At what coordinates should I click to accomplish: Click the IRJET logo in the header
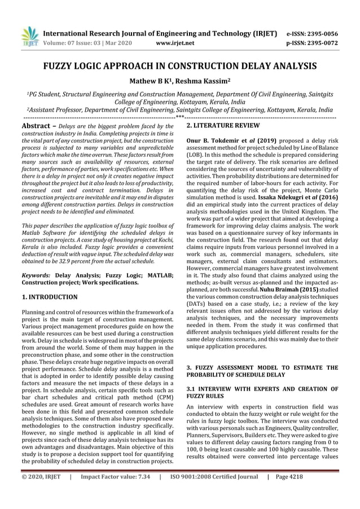(x=28, y=36)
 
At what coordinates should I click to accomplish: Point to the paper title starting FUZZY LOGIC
(x=179, y=65)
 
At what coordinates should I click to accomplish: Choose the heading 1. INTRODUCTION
(x=49, y=296)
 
